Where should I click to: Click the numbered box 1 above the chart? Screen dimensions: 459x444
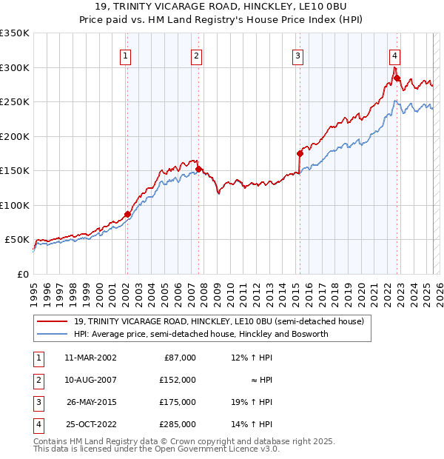(x=126, y=55)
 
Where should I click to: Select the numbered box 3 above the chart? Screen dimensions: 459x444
(x=297, y=55)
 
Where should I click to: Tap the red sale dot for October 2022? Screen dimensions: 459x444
(x=397, y=78)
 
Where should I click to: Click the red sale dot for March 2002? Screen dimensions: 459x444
(x=127, y=214)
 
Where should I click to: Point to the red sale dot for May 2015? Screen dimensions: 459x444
(x=300, y=153)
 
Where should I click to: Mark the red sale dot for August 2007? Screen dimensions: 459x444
(x=198, y=170)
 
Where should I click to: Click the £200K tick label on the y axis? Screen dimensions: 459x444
(x=15, y=136)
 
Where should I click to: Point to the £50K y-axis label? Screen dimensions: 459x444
(x=18, y=240)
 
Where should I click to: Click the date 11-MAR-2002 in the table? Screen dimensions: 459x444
(x=90, y=358)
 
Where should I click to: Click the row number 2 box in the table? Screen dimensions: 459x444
(x=37, y=380)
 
